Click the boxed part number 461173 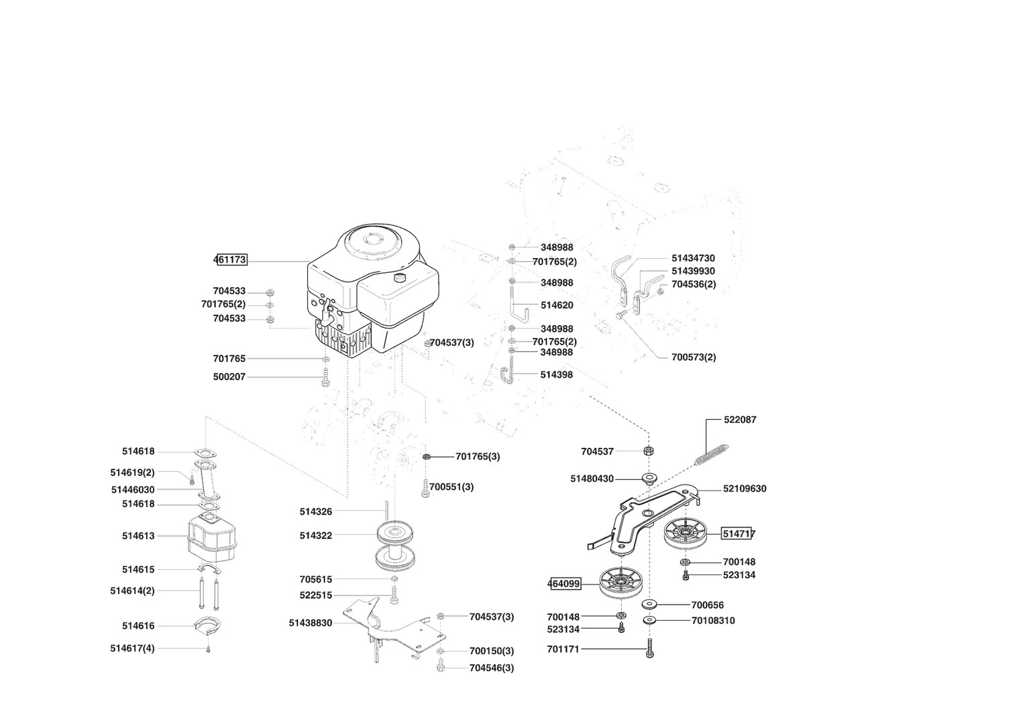click(x=231, y=260)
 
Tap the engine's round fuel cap click(x=400, y=277)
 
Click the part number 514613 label click(x=138, y=536)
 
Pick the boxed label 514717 click(x=739, y=534)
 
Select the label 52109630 click(x=745, y=489)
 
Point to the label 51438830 click(x=311, y=623)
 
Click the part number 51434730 click(x=693, y=258)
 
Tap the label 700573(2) click(x=694, y=357)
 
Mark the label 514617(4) click(x=132, y=648)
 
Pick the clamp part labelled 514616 click(x=207, y=627)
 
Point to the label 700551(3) click(x=451, y=487)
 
